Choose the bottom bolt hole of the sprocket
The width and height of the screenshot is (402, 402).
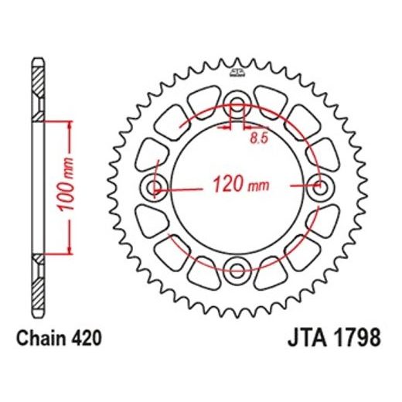pos(238,268)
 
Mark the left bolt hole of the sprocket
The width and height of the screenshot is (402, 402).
pos(156,186)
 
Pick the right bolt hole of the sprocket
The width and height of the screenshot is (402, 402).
pos(319,186)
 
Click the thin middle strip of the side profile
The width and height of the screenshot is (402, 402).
pos(37,186)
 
